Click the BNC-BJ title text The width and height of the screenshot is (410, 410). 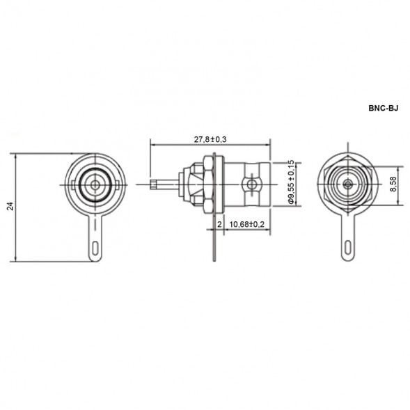click(384, 108)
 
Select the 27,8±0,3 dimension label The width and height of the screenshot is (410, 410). click(210, 139)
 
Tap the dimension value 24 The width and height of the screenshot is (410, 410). click(10, 206)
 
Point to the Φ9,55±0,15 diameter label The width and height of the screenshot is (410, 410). click(291, 182)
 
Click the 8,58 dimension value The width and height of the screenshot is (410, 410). click(393, 184)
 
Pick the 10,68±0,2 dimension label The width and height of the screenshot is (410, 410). click(247, 224)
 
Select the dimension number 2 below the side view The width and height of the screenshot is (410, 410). click(219, 224)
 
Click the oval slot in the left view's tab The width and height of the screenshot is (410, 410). click(95, 248)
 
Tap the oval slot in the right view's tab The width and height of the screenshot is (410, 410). click(348, 247)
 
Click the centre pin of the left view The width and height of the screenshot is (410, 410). click(95, 185)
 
